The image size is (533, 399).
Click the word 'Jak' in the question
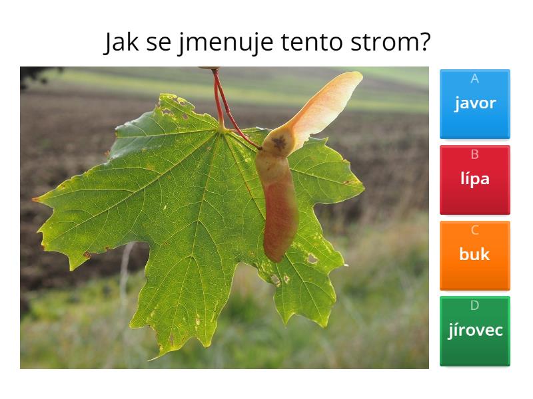(x=121, y=42)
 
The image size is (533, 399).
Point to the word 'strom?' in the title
(x=390, y=42)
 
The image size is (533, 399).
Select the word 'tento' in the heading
(x=312, y=43)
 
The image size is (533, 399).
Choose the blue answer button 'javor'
(x=475, y=104)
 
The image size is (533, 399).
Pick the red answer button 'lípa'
(x=475, y=180)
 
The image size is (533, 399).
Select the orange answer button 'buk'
(x=475, y=255)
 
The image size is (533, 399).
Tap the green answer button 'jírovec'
(x=475, y=331)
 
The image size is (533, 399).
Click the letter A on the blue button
(x=475, y=78)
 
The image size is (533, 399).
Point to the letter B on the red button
(x=475, y=154)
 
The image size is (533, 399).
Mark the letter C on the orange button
(x=475, y=230)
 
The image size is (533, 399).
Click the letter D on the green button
(x=475, y=305)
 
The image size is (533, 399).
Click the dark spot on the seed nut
(x=279, y=143)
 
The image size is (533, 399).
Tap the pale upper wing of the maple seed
(x=323, y=108)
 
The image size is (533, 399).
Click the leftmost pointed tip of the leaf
(x=34, y=199)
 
